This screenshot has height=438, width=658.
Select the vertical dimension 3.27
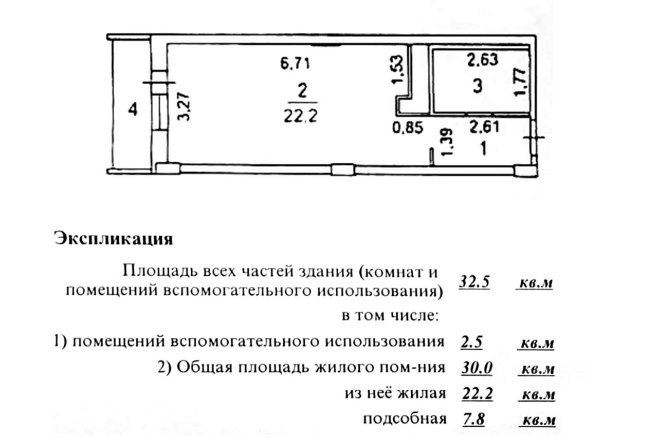pyautogui.click(x=184, y=106)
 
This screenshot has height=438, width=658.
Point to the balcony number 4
pyautogui.click(x=133, y=110)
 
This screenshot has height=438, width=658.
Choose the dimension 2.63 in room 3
pyautogui.click(x=482, y=61)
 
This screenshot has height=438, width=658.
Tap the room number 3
pyautogui.click(x=478, y=86)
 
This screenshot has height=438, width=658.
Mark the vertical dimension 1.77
pyautogui.click(x=521, y=82)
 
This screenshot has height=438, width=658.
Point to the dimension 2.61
pyautogui.click(x=484, y=126)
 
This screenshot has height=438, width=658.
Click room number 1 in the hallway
pyautogui.click(x=483, y=149)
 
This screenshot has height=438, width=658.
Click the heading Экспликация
pyautogui.click(x=113, y=239)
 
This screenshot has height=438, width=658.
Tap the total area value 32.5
pyautogui.click(x=473, y=282)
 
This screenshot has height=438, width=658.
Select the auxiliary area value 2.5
pyautogui.click(x=471, y=341)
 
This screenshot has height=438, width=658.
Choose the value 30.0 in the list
pyautogui.click(x=478, y=368)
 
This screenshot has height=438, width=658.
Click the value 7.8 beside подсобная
pyautogui.click(x=474, y=419)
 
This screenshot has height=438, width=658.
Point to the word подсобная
pyautogui.click(x=404, y=419)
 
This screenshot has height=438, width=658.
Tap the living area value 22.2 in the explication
pyautogui.click(x=478, y=393)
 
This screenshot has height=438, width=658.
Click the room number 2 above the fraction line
pyautogui.click(x=302, y=91)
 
